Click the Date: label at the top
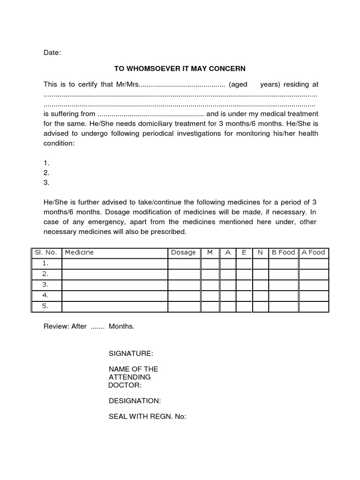[x=52, y=53]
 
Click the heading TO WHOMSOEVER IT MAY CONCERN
[x=180, y=68]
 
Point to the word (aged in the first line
[x=238, y=84]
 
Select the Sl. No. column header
[x=45, y=252]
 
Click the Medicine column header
[x=79, y=252]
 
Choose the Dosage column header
[x=183, y=252]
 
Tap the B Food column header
[x=283, y=252]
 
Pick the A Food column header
[x=313, y=252]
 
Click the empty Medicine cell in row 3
[x=115, y=285]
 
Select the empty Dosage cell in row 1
[x=184, y=263]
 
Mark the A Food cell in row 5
[x=314, y=307]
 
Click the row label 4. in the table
[x=45, y=296]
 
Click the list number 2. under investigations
[x=46, y=172]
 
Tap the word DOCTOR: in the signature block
[x=125, y=385]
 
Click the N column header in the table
[x=260, y=252]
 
